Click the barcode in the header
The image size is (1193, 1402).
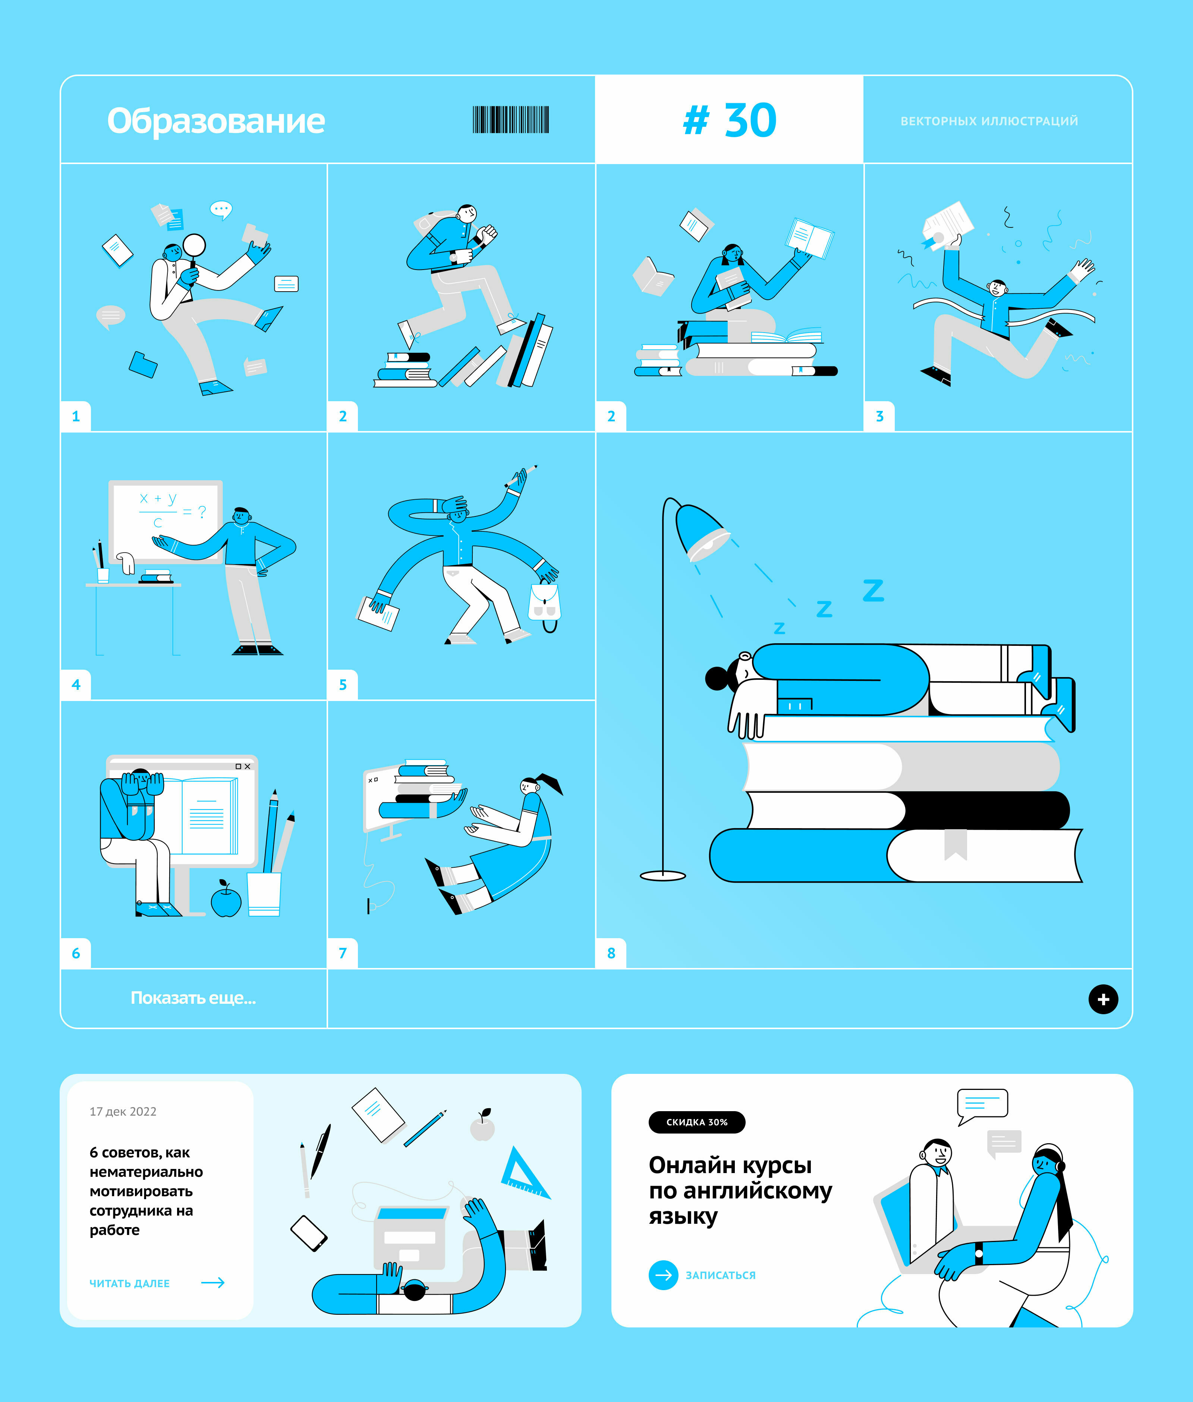511,120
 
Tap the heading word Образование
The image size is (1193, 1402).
216,121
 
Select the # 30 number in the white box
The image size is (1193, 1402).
730,120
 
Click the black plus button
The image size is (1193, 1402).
1103,999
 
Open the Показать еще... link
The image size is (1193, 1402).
193,997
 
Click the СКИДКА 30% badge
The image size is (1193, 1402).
696,1122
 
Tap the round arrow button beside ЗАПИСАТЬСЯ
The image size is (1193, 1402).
663,1275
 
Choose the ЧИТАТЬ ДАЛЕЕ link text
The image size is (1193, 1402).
130,1283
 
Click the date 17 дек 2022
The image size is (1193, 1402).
123,1111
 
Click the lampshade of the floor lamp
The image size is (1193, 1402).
702,532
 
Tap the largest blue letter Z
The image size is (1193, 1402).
873,590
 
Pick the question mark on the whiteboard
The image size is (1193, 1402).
202,512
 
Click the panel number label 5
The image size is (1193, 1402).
343,685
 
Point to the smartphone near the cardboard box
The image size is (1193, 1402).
309,1233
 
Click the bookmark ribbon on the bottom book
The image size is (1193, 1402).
956,844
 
